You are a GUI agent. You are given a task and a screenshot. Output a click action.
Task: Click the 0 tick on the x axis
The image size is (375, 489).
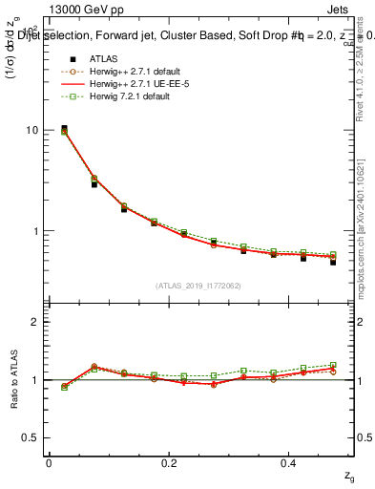(x=49, y=462)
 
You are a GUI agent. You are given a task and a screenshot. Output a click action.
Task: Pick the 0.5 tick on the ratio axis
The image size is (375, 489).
(x=31, y=437)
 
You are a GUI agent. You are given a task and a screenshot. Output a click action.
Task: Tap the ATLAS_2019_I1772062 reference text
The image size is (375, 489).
(x=198, y=285)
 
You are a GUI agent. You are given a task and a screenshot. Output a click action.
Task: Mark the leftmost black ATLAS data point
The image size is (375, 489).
(x=64, y=129)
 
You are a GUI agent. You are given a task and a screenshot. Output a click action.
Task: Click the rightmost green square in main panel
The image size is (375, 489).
(x=333, y=255)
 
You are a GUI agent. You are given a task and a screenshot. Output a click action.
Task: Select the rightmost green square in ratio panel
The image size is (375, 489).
(x=333, y=365)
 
